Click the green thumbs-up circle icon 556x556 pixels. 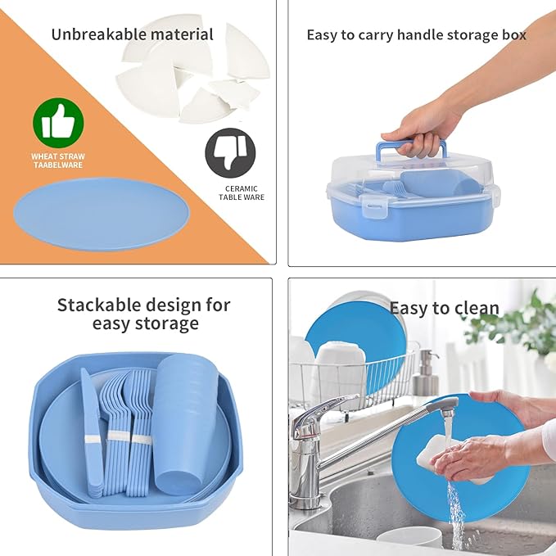click(58, 123)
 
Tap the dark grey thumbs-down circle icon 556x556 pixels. click(230, 153)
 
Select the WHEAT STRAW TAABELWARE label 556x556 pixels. click(58, 160)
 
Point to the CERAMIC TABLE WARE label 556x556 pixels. click(242, 193)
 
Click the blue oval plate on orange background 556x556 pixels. click(102, 215)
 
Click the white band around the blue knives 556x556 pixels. click(93, 440)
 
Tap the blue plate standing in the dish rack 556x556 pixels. click(355, 347)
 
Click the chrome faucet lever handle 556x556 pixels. click(323, 408)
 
